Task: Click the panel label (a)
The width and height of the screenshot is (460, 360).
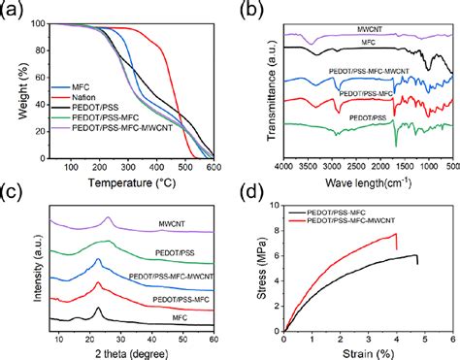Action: point(12,11)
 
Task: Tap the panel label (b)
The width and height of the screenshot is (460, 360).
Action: point(252,11)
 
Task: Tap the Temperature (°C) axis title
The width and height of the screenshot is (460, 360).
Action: point(130,180)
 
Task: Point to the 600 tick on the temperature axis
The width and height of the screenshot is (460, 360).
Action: point(213,167)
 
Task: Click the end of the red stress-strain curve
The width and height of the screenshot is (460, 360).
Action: point(397,247)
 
